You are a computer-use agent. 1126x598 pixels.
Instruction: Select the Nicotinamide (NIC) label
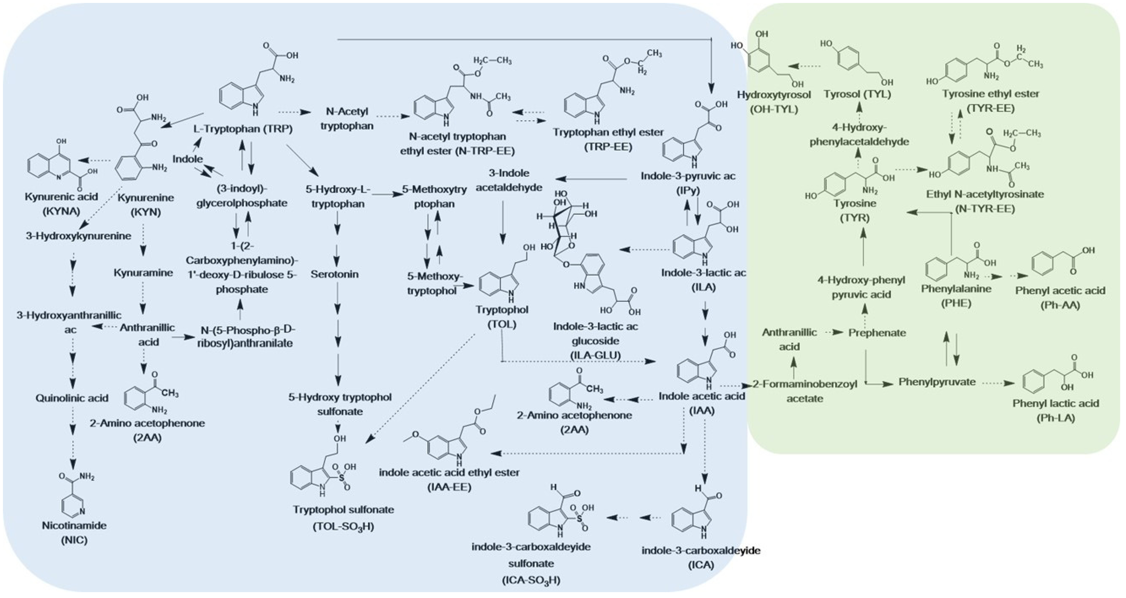click(74, 532)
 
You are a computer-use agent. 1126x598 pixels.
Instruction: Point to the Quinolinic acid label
click(72, 398)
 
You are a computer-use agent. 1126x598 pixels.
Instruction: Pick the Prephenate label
click(877, 332)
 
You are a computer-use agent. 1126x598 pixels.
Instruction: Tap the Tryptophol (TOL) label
click(502, 317)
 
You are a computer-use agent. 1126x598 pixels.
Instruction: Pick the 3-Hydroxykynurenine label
click(79, 236)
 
